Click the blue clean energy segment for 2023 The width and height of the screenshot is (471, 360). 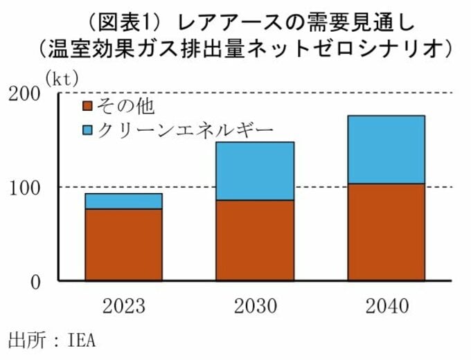123,201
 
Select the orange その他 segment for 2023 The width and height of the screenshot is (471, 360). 123,244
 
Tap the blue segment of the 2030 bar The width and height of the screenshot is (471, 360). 254,171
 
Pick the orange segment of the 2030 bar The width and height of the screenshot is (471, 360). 254,240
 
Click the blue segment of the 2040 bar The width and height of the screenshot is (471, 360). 385,150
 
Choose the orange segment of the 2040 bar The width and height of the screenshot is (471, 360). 385,232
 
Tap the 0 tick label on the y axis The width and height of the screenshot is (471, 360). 35,282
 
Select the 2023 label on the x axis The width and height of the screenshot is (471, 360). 123,305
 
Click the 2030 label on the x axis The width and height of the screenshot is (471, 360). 254,305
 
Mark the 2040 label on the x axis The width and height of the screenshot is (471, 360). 385,305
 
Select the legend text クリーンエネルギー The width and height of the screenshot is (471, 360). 184,129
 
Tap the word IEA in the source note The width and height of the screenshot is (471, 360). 81,341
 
